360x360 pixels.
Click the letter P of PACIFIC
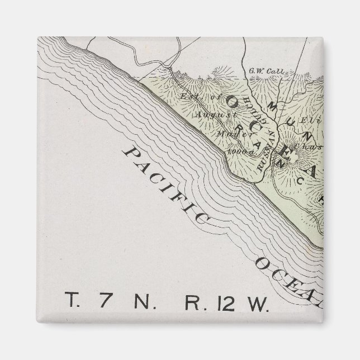[x=130, y=153]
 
